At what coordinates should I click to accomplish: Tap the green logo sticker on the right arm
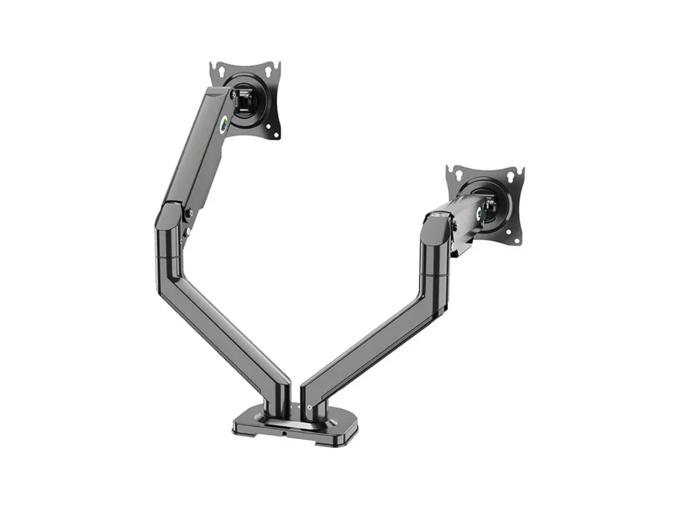pos(480,214)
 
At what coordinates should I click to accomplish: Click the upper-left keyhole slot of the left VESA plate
pos(221,72)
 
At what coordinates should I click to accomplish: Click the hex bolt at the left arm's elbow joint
pos(190,213)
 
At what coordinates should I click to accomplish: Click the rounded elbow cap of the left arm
pos(167,218)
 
